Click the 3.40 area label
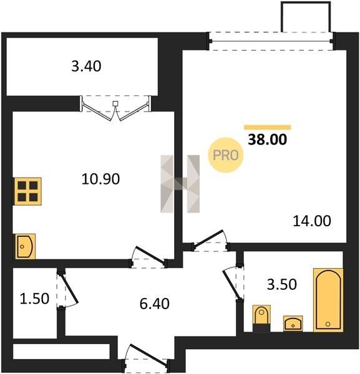point(86,66)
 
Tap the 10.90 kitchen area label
point(100,179)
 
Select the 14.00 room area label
point(312,221)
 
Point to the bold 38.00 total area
point(268,140)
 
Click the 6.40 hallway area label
point(155,304)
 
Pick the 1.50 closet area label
point(34,299)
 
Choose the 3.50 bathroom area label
point(281,284)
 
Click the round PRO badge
point(226,155)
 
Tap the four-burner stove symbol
point(27,191)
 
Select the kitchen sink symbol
point(26,246)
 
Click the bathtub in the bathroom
point(328,300)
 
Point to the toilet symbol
point(261,318)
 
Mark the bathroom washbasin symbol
point(293,324)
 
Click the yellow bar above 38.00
point(268,127)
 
